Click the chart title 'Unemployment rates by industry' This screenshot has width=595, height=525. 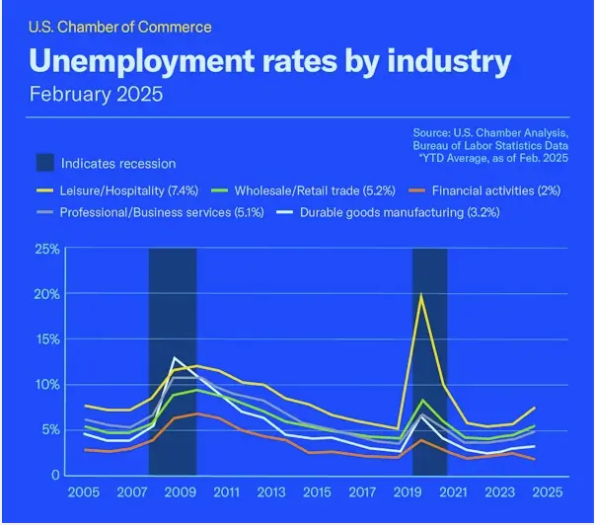(269, 60)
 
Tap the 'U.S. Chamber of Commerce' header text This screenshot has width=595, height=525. (119, 27)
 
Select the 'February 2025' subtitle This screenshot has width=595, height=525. (96, 95)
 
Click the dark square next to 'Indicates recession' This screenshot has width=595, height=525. (45, 163)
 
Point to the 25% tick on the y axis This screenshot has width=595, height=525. (46, 249)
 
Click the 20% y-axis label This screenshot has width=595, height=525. (46, 294)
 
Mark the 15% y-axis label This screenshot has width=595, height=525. (46, 339)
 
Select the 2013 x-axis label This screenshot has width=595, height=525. (269, 491)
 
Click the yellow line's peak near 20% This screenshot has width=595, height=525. (421, 295)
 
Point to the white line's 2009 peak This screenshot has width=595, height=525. (176, 357)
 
